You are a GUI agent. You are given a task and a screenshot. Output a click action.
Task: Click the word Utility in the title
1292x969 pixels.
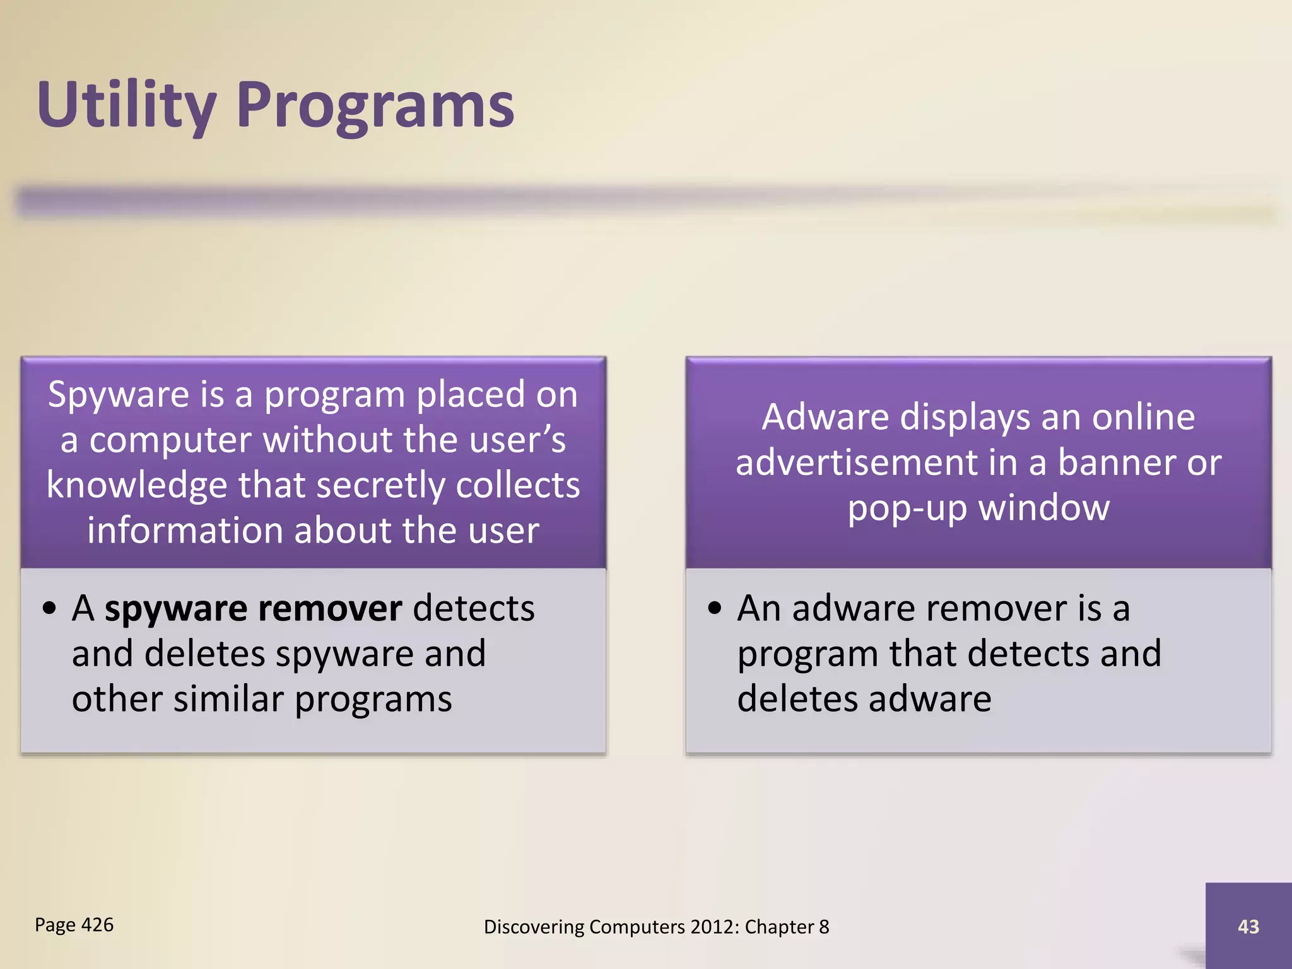pyautogui.click(x=126, y=106)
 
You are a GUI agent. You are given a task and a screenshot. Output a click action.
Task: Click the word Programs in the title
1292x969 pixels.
pyautogui.click(x=376, y=106)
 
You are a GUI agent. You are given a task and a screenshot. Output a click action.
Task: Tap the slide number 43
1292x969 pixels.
pyautogui.click(x=1248, y=926)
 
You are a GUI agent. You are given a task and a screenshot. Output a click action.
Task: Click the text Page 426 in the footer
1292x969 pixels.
pyautogui.click(x=74, y=925)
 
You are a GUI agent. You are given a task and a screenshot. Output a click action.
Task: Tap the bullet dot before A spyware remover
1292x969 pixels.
pyautogui.click(x=50, y=609)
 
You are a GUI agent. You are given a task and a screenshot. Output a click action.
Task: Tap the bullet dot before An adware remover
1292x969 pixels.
pyautogui.click(x=714, y=609)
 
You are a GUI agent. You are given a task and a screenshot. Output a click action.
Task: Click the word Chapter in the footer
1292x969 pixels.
pyautogui.click(x=779, y=927)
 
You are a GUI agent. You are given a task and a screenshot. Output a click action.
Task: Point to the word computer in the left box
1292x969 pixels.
pyautogui.click(x=170, y=440)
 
